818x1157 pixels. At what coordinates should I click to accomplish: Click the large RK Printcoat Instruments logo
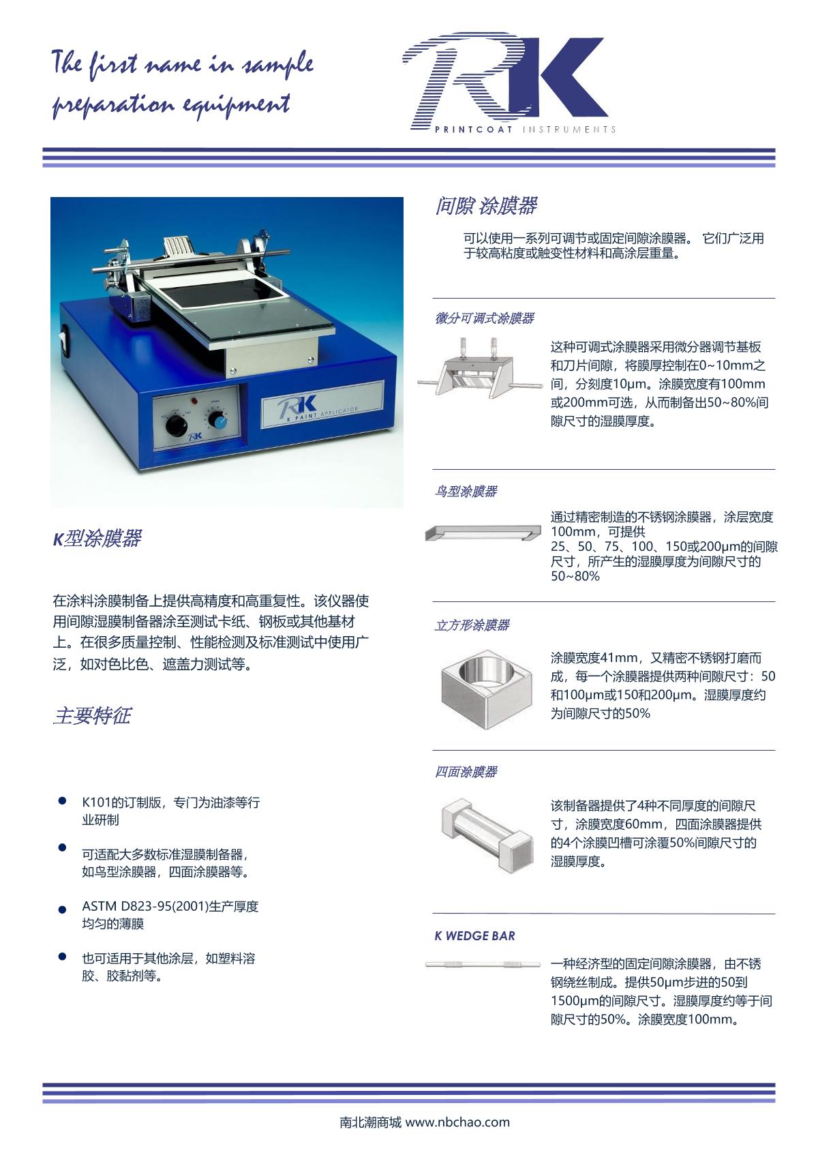pos(508,82)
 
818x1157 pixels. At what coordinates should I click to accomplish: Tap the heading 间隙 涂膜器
pos(486,206)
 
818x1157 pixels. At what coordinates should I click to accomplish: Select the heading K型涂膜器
pos(97,538)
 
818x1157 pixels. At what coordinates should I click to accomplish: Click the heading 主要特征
pos(92,715)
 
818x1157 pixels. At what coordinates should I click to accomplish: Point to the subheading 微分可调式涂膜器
pos(485,318)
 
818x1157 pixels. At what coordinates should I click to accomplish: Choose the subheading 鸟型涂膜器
pos(466,491)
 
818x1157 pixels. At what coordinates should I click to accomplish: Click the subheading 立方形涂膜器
pos(472,625)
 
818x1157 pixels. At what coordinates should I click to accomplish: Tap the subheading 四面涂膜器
pos(466,772)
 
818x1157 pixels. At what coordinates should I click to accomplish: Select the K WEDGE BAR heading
pos(475,935)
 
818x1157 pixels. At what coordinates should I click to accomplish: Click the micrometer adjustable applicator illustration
pos(473,367)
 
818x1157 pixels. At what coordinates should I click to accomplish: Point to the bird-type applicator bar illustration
pos(483,532)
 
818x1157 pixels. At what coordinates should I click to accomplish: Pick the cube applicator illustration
pos(487,689)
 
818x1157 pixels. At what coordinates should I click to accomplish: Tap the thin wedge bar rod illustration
pos(483,964)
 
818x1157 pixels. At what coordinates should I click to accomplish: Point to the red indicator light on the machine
pos(195,402)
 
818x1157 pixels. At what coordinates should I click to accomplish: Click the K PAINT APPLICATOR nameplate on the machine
pos(322,404)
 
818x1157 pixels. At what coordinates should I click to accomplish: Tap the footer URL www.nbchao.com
pos(457,1122)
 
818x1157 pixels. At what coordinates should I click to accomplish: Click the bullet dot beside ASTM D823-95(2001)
pos(62,910)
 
